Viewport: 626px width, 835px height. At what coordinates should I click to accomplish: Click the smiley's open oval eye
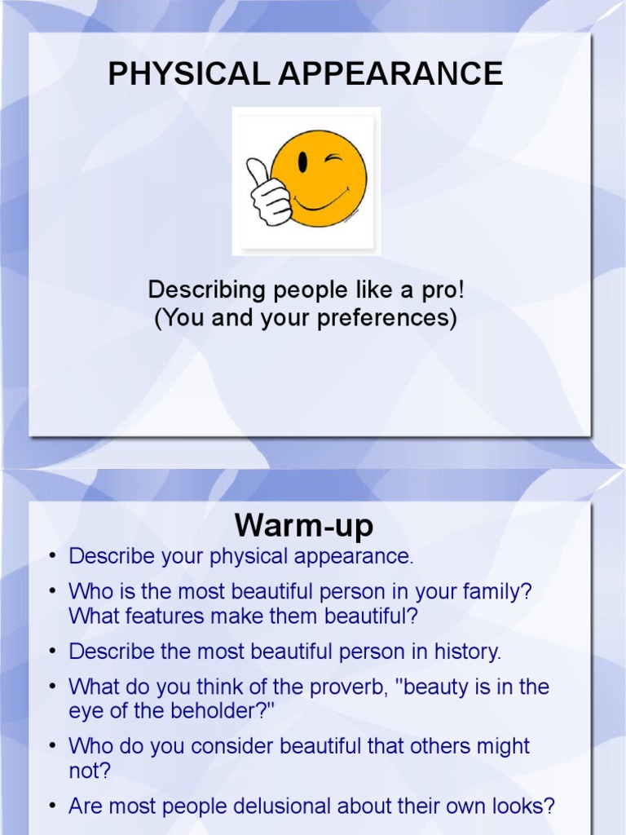pos(302,161)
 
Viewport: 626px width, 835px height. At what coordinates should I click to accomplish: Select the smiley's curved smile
pos(320,200)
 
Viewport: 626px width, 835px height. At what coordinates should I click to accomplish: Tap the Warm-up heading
pos(304,524)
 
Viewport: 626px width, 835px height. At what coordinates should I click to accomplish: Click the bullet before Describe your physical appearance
pos(51,557)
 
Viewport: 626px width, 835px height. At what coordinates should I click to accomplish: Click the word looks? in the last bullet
pos(523,806)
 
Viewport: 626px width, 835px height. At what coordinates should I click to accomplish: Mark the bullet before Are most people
pos(51,807)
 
